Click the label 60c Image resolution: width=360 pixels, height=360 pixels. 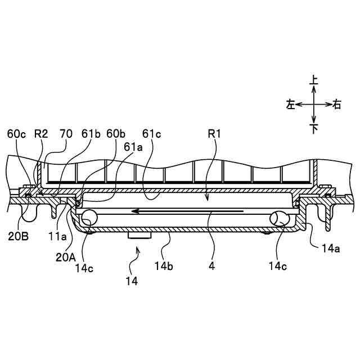pyautogui.click(x=17, y=134)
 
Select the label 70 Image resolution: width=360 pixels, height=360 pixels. pyautogui.click(x=66, y=134)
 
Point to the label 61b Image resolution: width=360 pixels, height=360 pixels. pyautogui.click(x=90, y=134)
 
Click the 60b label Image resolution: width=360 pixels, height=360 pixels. pyautogui.click(x=116, y=134)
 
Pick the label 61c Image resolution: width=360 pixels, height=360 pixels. pyautogui.click(x=152, y=134)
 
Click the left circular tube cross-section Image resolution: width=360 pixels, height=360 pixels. pyautogui.click(x=88, y=217)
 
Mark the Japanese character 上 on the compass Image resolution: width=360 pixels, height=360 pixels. pyautogui.click(x=314, y=81)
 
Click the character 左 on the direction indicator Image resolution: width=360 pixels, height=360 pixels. pyautogui.click(x=291, y=104)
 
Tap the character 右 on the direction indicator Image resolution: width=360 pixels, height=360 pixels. pyautogui.click(x=337, y=104)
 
